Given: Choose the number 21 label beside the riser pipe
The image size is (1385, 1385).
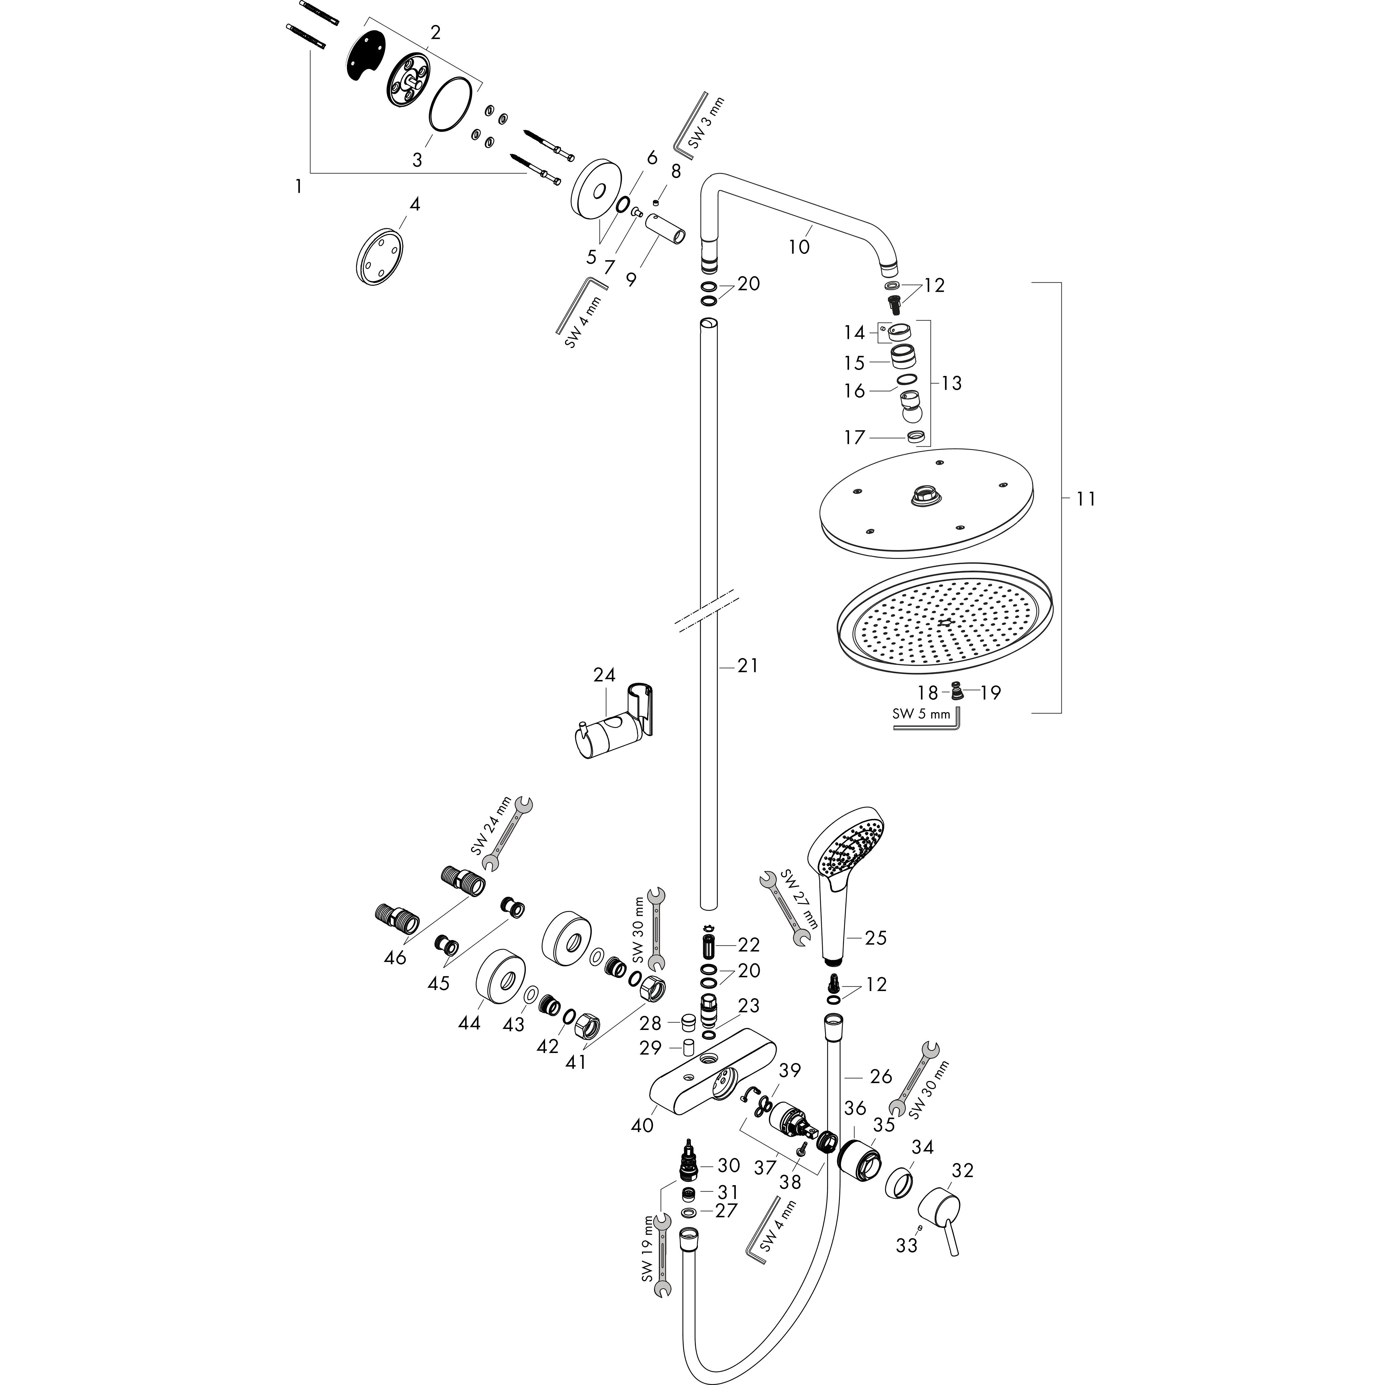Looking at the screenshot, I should (748, 666).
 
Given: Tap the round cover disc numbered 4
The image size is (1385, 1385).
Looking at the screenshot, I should (379, 257).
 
